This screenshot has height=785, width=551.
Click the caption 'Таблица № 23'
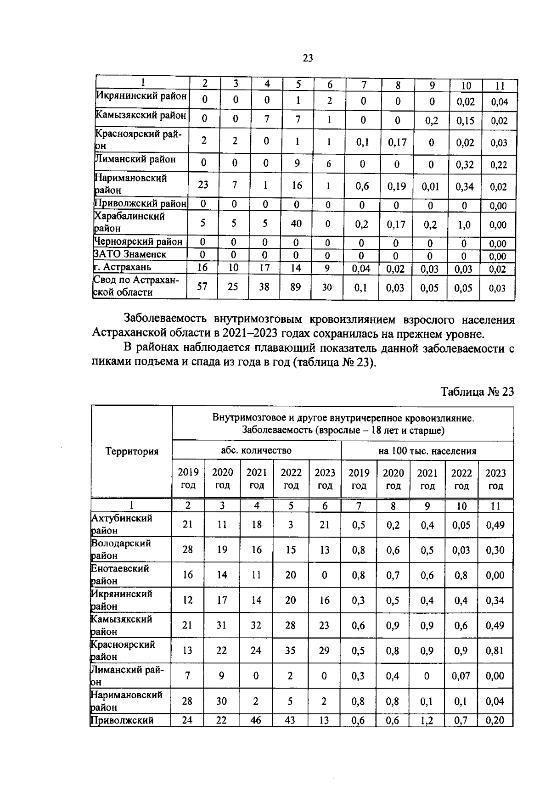[477, 392]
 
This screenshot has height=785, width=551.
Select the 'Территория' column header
[132, 451]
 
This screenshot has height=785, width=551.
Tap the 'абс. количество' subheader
[256, 451]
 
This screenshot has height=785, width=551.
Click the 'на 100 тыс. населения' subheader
[427, 451]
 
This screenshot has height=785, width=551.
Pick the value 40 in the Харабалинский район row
[296, 224]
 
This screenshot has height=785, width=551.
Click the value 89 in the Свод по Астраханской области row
[296, 287]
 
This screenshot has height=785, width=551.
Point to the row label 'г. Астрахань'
[122, 267]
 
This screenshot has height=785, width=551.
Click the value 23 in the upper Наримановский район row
[203, 185]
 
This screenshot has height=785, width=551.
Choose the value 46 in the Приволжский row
[256, 720]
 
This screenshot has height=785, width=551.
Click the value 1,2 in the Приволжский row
[427, 720]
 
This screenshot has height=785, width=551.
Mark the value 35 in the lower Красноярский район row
[291, 650]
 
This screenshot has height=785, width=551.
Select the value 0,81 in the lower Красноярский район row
[495, 650]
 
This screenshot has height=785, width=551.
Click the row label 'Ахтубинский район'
[122, 524]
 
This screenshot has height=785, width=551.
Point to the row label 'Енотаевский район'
[120, 574]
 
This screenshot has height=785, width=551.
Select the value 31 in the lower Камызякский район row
[222, 625]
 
